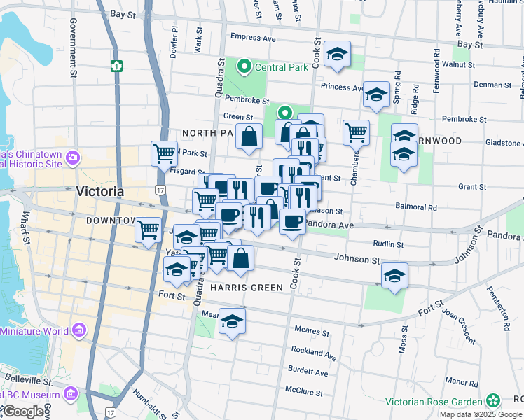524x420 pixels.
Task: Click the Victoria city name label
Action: click(99, 190)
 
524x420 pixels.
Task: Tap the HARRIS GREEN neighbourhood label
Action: click(246, 288)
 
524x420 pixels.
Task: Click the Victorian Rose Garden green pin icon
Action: click(493, 401)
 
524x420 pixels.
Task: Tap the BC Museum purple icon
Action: click(70, 395)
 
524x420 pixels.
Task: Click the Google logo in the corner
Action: click(23, 412)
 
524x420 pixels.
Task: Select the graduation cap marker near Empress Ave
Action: click(337, 55)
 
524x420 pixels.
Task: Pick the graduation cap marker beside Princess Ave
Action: click(376, 94)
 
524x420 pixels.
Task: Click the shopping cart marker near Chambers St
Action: click(357, 131)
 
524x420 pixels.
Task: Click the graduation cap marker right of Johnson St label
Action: click(395, 275)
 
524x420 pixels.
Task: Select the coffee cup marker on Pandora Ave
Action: click(292, 221)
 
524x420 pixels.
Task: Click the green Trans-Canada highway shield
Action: click(116, 66)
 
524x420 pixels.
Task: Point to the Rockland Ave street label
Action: click(309, 351)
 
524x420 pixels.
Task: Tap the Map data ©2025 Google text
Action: click(480, 414)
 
